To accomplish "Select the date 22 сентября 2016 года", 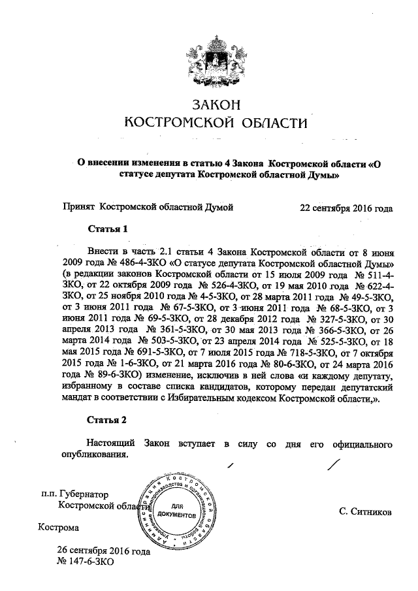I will click(x=346, y=208).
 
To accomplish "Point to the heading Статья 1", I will click(x=106, y=229).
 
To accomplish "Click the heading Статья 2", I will click(x=106, y=419).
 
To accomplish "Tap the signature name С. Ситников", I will click(x=366, y=513).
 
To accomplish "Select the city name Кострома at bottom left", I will click(x=59, y=527).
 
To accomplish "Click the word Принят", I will click(x=78, y=208).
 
